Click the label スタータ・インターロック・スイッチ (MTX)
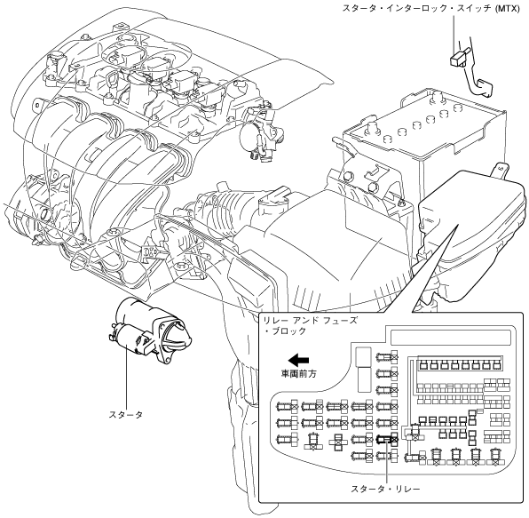pyautogui.click(x=431, y=8)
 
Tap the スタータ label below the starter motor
pyautogui.click(x=126, y=414)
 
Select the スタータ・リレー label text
pyautogui.click(x=385, y=489)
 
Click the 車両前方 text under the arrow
pyautogui.click(x=299, y=374)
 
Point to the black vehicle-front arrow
pyautogui.click(x=298, y=360)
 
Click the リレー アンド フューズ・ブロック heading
pyautogui.click(x=310, y=325)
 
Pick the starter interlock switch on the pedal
pyautogui.click(x=460, y=57)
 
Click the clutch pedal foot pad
pyautogui.click(x=485, y=88)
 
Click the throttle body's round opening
pyautogui.click(x=249, y=139)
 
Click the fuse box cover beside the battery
pyautogui.click(x=472, y=229)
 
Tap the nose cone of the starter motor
pyautogui.click(x=181, y=334)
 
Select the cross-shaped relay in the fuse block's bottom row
pyautogui.click(x=337, y=442)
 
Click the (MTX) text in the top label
pyautogui.click(x=508, y=8)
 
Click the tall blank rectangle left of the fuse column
pyautogui.click(x=363, y=370)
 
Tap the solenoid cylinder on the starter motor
pyautogui.click(x=129, y=338)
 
